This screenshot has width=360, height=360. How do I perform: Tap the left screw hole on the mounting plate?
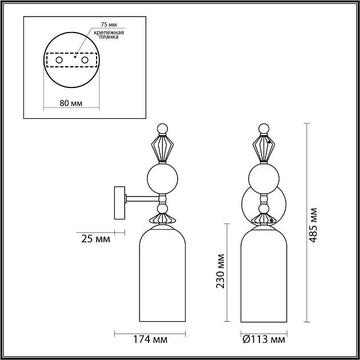coord(58,60)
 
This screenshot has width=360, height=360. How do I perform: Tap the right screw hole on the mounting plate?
coord(85,60)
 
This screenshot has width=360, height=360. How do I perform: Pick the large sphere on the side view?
coord(162,179)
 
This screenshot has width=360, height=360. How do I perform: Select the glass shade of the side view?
coord(163,274)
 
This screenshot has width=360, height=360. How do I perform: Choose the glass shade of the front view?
coord(263,274)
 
